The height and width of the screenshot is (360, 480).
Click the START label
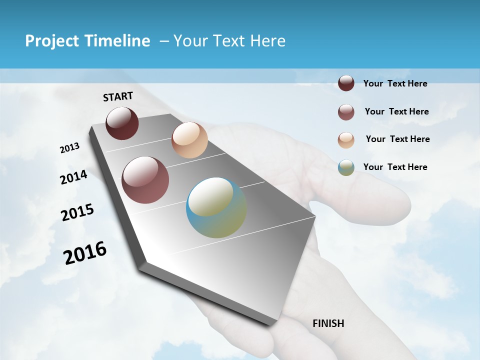118,96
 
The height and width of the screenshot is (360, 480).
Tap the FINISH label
328,323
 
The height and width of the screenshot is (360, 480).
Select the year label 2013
70,148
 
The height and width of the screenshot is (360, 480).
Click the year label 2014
74,177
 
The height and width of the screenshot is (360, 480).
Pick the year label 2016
85,252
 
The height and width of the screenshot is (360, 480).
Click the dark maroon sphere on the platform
122,123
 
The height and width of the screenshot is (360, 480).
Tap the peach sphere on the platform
189,140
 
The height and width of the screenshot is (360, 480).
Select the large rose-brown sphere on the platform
145,180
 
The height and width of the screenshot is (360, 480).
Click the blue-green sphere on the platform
216,208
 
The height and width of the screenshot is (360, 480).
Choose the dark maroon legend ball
346,83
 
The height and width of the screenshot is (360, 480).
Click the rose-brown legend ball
346,112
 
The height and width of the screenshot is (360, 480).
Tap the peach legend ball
346,140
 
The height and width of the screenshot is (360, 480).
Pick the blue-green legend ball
346,167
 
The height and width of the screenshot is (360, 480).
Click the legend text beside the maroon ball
395,83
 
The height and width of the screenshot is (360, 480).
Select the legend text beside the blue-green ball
395,167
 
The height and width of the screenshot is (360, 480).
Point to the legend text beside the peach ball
397,139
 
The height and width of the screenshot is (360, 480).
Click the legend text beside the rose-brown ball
396,111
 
